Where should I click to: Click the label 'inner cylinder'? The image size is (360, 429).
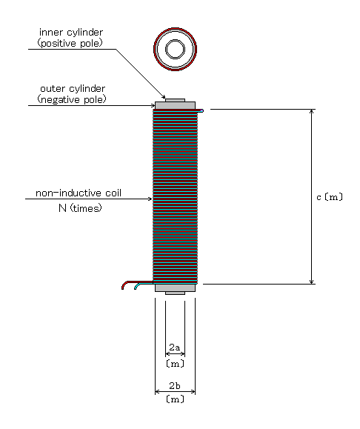tap(71, 33)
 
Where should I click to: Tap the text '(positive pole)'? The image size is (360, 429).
tap(70, 43)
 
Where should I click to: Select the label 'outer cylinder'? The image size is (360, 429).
tap(73, 89)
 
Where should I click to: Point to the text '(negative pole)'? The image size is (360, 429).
tap(72, 99)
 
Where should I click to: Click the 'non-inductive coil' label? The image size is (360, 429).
tap(79, 193)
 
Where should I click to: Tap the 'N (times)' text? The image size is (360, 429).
tap(80, 208)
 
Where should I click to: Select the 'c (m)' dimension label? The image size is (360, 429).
tap(330, 197)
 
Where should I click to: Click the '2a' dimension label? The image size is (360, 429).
tap(175, 347)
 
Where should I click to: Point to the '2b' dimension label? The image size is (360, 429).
tap(175, 386)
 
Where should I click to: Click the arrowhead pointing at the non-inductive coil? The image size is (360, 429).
tap(150, 199)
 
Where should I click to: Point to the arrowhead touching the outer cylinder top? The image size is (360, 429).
tap(153, 106)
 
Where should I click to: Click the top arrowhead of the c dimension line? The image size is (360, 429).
tap(311, 111)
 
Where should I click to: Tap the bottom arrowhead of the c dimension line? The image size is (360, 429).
tap(311, 282)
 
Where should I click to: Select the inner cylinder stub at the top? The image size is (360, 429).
tap(175, 101)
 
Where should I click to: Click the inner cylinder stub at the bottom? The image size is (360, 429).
tap(175, 293)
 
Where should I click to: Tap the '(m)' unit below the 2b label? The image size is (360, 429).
tap(175, 399)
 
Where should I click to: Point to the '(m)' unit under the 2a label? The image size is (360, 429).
tap(175, 364)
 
